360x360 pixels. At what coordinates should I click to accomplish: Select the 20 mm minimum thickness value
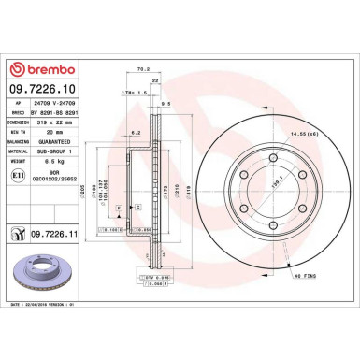click(43, 130)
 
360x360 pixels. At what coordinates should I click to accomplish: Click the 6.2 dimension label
click(136, 134)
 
